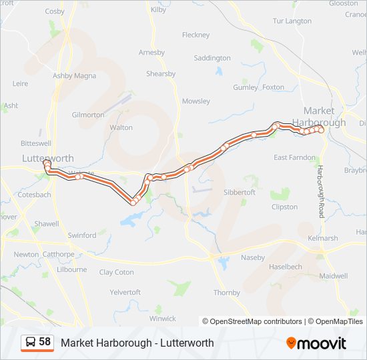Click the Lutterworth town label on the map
coord(47,158)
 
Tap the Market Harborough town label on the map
coord(324,117)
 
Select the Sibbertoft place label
coord(239,192)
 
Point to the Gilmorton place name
coord(88,115)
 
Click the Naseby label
coord(252,257)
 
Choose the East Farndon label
coord(294,157)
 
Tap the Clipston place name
coord(285,207)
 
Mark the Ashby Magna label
coord(75,76)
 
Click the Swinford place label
coord(82,235)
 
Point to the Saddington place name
coord(212,58)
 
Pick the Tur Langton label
coord(292,21)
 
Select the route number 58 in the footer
coord(45,342)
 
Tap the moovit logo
coord(316,343)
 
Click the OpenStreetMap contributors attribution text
coord(256,321)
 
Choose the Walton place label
coord(121,127)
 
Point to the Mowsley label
coord(196,101)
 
